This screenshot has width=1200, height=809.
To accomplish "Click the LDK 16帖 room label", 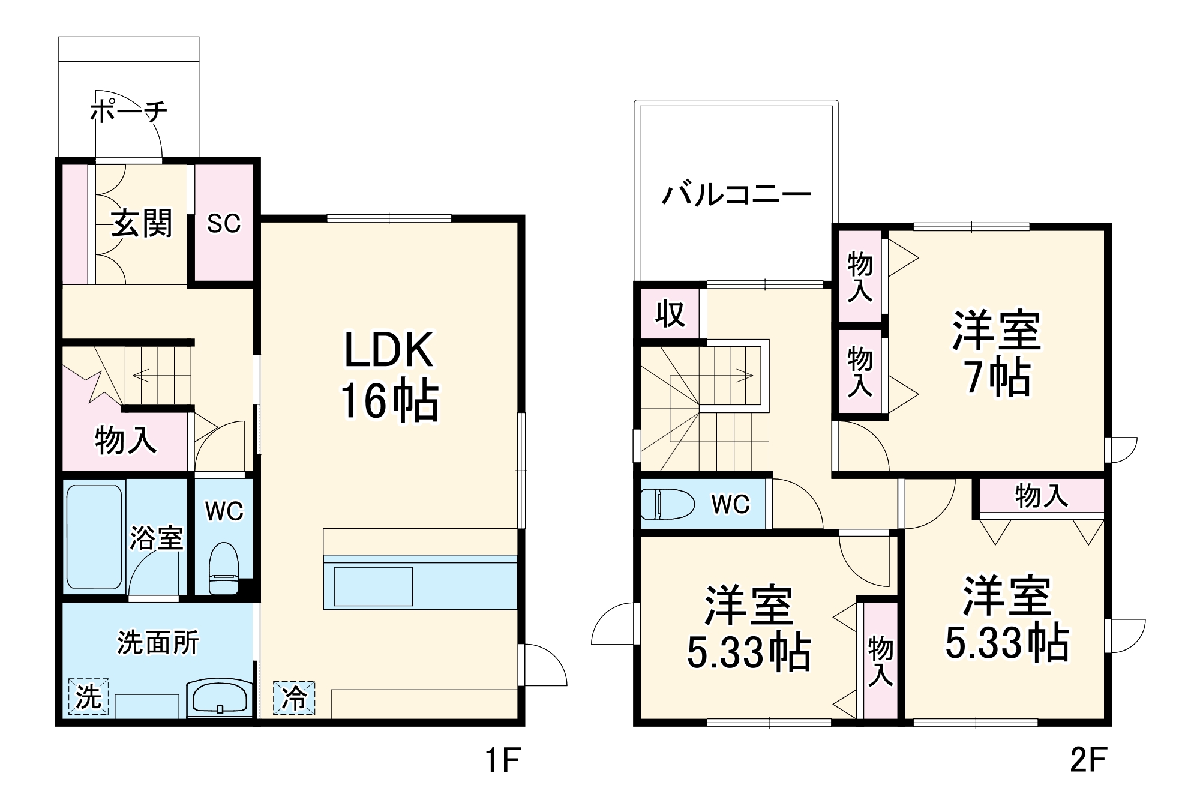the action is click(x=389, y=376).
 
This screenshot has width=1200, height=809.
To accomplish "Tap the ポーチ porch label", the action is click(x=128, y=111).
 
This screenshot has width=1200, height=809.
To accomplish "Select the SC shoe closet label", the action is click(x=224, y=223).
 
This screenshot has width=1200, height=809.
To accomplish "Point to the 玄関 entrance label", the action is click(x=142, y=223).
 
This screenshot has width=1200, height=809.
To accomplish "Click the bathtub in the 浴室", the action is click(x=95, y=537).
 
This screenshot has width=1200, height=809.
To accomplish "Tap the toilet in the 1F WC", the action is click(x=224, y=568).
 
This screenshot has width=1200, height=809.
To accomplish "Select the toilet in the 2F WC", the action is click(x=667, y=504).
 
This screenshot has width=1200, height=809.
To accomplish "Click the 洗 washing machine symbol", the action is click(x=89, y=696).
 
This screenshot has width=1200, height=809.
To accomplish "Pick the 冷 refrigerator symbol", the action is click(x=294, y=698).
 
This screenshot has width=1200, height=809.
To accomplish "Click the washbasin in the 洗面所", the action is click(x=220, y=698).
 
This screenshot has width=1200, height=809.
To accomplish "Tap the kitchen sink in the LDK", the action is click(x=373, y=586).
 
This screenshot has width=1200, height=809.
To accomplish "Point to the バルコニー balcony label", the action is click(x=736, y=194).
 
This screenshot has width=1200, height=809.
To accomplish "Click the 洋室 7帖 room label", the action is click(x=997, y=352).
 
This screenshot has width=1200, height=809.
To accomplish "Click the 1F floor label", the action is click(x=502, y=760).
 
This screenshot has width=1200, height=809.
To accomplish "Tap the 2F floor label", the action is click(x=1088, y=760).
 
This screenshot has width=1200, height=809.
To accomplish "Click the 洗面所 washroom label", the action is click(x=158, y=642).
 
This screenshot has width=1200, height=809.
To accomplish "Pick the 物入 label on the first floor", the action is click(x=126, y=440).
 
